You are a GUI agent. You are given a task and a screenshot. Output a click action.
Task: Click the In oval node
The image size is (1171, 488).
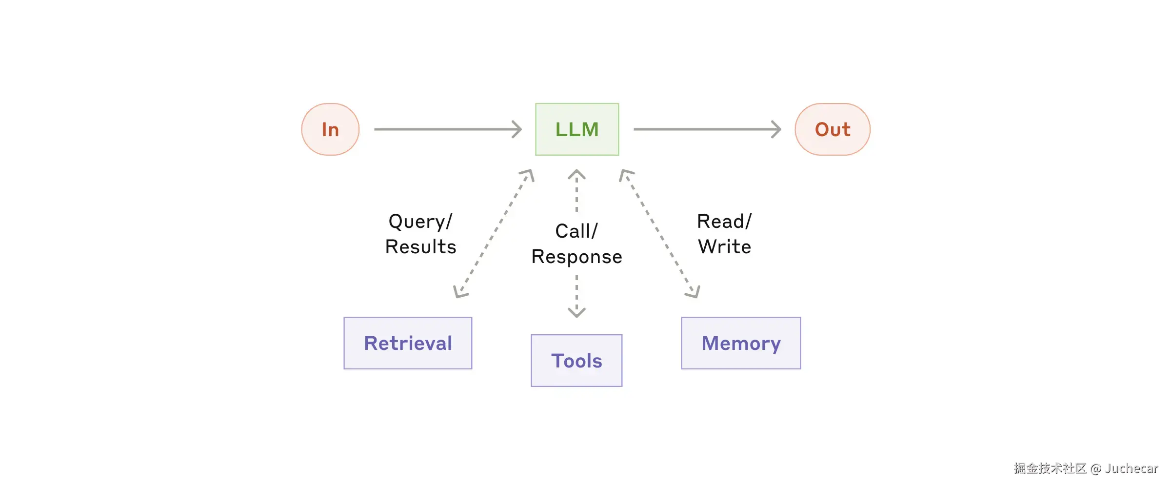pyautogui.click(x=330, y=129)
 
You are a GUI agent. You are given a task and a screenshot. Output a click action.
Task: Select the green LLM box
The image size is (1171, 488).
pyautogui.click(x=577, y=129)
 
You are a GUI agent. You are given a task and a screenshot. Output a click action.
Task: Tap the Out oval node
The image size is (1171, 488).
pyautogui.click(x=833, y=129)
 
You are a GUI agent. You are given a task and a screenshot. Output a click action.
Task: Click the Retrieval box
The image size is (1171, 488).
pyautogui.click(x=408, y=343)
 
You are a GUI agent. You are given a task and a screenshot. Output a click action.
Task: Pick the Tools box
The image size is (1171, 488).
pyautogui.click(x=576, y=361)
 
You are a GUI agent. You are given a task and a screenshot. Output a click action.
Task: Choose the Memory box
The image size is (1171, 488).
pyautogui.click(x=741, y=343)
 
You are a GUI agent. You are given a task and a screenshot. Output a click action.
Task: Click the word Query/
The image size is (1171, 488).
pyautogui.click(x=420, y=222)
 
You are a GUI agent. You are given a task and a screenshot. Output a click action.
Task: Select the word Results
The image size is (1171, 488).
pyautogui.click(x=420, y=247)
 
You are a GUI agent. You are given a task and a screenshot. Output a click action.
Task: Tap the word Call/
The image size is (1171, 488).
pyautogui.click(x=576, y=231)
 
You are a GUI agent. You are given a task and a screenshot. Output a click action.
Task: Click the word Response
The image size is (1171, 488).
pyautogui.click(x=576, y=257)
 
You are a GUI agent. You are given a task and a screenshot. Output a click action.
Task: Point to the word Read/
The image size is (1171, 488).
pyautogui.click(x=724, y=222)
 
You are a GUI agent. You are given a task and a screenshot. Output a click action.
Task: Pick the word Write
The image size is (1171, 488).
pyautogui.click(x=724, y=247)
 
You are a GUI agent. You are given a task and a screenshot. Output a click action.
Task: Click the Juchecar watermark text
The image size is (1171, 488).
pyautogui.click(x=1131, y=468)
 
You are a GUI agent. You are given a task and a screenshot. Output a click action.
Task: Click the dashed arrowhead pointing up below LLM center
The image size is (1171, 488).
pyautogui.click(x=576, y=174)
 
